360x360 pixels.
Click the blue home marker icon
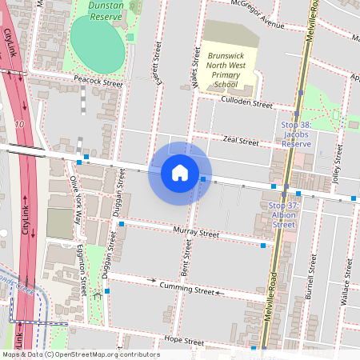click(180, 173)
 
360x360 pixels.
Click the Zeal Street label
click(241, 141)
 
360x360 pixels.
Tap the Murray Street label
click(195, 234)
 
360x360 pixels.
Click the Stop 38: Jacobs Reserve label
click(295, 134)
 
